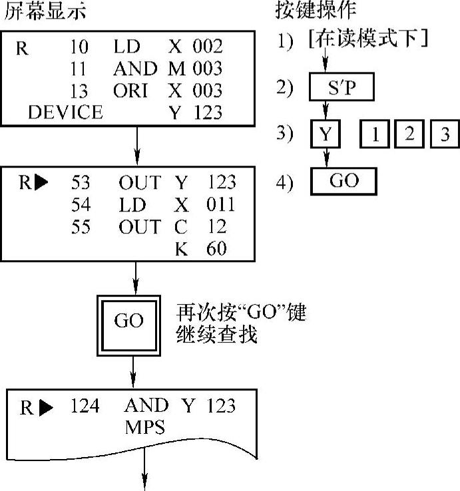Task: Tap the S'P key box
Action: pos(341,87)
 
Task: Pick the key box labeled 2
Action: pos(410,135)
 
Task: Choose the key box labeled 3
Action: pos(445,135)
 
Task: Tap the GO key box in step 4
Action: pos(344,181)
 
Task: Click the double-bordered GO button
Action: pos(129,321)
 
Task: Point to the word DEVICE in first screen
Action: pos(65,112)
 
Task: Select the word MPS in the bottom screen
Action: pos(144,428)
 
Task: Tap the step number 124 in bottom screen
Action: pos(85,407)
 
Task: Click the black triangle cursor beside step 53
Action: pos(41,182)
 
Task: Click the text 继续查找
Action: pos(216,334)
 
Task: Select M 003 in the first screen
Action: pos(194,69)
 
